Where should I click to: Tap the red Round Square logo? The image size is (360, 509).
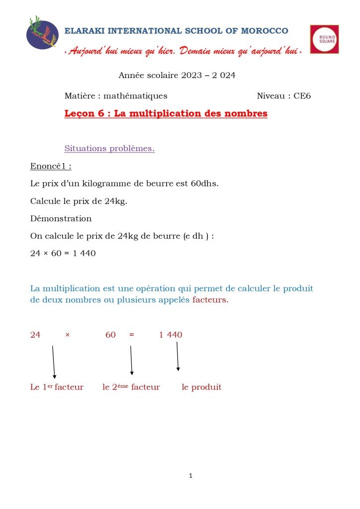click(x=324, y=39)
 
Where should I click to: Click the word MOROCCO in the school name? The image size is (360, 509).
click(x=265, y=31)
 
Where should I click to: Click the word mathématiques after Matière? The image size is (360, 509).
click(x=135, y=96)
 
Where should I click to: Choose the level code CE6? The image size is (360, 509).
click(x=302, y=96)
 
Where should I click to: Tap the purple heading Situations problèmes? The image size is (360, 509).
click(x=109, y=149)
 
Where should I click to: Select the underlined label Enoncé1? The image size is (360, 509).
click(x=51, y=166)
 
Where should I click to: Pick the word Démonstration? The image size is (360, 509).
click(x=61, y=218)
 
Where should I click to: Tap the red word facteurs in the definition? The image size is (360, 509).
click(x=210, y=300)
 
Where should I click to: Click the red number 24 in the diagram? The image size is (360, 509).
click(x=35, y=335)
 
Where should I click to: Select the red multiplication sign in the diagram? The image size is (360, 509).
click(x=67, y=335)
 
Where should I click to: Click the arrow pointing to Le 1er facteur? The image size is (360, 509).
click(x=53, y=362)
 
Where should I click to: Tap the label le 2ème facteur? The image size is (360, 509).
click(x=131, y=387)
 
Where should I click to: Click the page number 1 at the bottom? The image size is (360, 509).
click(x=190, y=476)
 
